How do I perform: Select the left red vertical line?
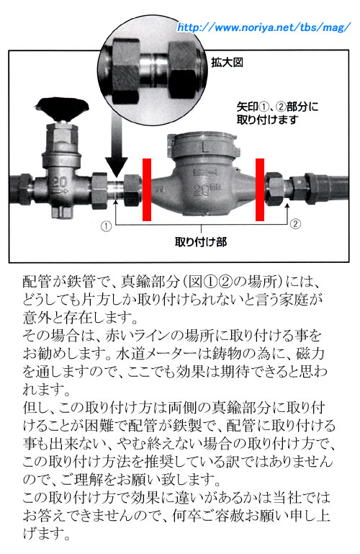[147, 189]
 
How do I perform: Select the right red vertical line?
[260, 189]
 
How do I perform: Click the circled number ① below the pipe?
[107, 225]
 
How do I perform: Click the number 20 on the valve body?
[60, 182]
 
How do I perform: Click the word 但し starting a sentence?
[35, 406]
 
